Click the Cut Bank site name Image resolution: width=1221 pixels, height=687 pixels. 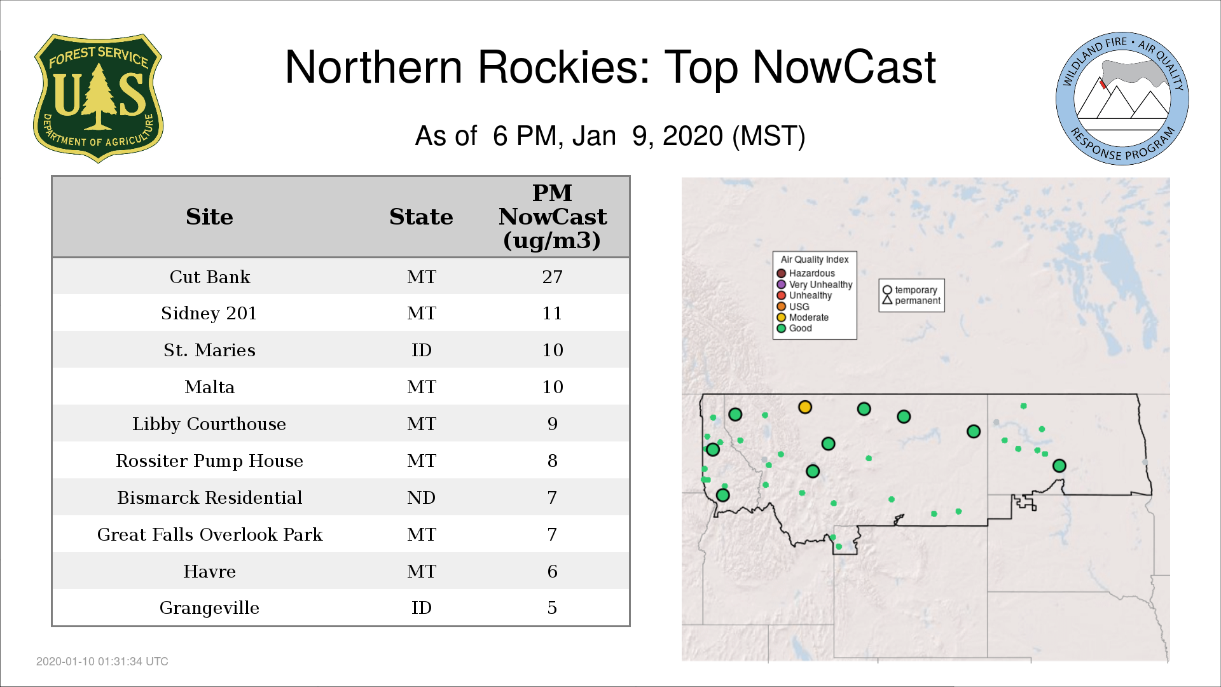(x=210, y=277)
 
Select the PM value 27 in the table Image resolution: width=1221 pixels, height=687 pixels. (x=552, y=277)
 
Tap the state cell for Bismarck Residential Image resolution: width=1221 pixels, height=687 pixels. (x=421, y=497)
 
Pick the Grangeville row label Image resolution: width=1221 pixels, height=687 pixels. (x=209, y=608)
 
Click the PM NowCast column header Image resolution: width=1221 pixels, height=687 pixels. (x=552, y=216)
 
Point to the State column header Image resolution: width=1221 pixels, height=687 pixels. (x=421, y=217)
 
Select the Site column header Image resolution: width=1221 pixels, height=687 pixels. (x=209, y=217)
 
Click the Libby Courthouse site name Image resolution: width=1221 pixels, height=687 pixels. (x=209, y=424)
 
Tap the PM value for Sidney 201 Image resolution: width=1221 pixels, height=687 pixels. (x=552, y=313)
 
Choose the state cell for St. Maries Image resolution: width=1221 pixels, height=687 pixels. (x=421, y=350)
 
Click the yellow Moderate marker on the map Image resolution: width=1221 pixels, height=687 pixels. (x=805, y=407)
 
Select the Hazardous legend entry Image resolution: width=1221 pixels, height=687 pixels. (x=806, y=274)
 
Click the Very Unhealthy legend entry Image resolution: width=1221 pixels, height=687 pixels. (x=815, y=284)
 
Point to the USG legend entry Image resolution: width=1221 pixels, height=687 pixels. (x=793, y=307)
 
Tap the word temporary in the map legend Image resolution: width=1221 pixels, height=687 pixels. (x=916, y=290)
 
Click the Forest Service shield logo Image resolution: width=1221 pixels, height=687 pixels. (x=98, y=99)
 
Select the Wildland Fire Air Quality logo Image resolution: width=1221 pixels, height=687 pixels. (x=1122, y=99)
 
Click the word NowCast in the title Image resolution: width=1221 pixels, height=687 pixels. (x=845, y=67)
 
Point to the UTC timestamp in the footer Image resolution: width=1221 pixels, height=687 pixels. (x=102, y=662)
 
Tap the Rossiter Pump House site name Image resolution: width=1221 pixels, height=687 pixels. (x=209, y=461)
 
